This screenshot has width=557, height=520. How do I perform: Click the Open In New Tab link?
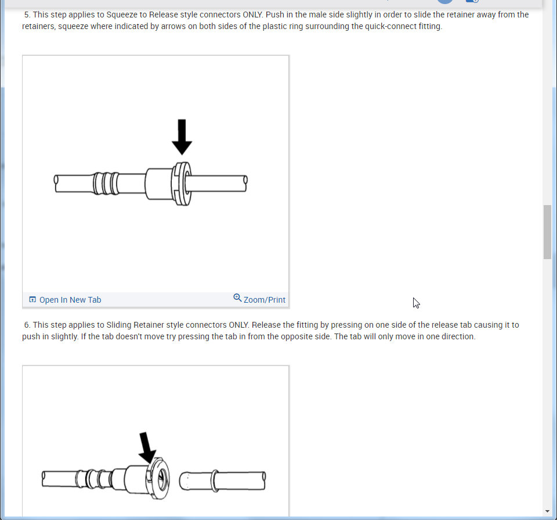click(x=70, y=300)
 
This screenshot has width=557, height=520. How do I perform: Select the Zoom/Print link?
click(x=265, y=300)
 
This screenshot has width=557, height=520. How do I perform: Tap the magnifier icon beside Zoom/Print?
click(x=237, y=297)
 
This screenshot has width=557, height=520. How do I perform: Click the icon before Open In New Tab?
click(x=32, y=299)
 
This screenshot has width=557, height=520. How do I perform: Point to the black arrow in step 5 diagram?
click(x=182, y=137)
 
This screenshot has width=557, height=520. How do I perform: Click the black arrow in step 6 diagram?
click(x=147, y=448)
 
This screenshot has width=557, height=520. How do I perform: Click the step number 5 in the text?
click(x=26, y=15)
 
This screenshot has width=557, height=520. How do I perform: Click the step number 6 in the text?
click(x=26, y=325)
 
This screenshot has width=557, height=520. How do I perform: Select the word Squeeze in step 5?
click(x=122, y=15)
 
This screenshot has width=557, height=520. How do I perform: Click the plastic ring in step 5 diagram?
click(x=182, y=184)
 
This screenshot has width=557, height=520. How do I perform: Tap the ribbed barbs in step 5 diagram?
click(x=106, y=184)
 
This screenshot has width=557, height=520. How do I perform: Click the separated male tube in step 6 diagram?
click(x=222, y=481)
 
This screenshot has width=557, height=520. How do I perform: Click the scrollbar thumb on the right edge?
click(x=547, y=232)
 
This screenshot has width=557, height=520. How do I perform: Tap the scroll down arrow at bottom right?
click(x=547, y=511)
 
